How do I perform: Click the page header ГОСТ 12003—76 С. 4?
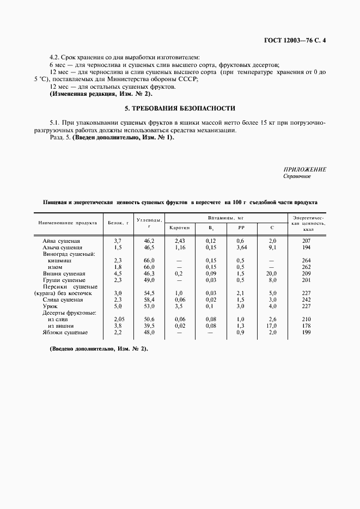click(x=293, y=40)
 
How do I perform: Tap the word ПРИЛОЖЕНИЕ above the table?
click(x=305, y=169)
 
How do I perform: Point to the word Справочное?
click(x=297, y=176)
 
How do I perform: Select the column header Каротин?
click(x=179, y=227)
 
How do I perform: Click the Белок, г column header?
click(x=117, y=222)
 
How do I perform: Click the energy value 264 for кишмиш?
click(x=306, y=260)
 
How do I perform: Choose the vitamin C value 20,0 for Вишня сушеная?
click(x=273, y=273)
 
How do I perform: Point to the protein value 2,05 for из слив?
click(x=117, y=320)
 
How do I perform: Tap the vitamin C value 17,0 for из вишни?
click(x=273, y=326)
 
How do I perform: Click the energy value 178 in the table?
click(x=306, y=326)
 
